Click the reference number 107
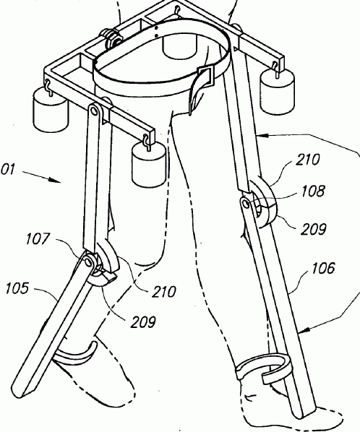38,238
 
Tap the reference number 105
17,288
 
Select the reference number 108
313,191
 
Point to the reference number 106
323,268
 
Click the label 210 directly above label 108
308,160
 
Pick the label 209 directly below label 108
314,229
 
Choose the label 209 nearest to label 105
143,321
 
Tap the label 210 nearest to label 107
164,291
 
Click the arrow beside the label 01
41,176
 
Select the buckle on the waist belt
205,74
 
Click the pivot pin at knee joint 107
88,262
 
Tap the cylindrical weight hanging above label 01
50,109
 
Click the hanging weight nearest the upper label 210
278,91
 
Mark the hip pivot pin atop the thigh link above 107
95,111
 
